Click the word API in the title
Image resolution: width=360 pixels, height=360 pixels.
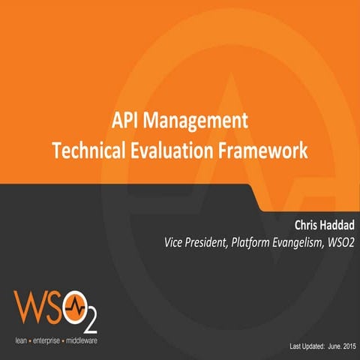[x=125, y=121]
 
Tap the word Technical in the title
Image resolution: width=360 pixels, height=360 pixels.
[x=88, y=148]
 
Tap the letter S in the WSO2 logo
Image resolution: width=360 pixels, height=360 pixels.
[x=57, y=307]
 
